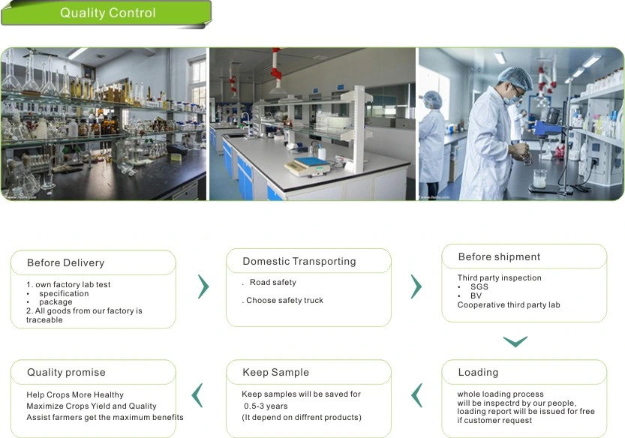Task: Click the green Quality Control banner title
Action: (x=107, y=13)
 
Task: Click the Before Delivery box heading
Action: (x=66, y=262)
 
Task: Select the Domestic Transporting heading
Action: (x=299, y=261)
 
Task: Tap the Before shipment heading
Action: (x=499, y=256)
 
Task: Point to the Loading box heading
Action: (x=478, y=372)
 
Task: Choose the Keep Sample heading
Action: (x=276, y=372)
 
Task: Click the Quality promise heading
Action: (x=66, y=372)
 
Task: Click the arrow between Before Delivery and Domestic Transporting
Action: (x=203, y=286)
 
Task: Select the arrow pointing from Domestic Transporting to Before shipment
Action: (x=416, y=286)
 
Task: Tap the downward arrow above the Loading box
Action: (x=515, y=342)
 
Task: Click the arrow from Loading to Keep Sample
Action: (x=416, y=395)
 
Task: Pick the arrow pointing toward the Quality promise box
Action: (x=197, y=395)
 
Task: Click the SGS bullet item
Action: (x=479, y=286)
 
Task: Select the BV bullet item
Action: (x=476, y=295)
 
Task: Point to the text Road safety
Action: (x=273, y=282)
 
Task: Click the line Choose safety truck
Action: (x=284, y=300)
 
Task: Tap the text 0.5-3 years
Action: (x=266, y=406)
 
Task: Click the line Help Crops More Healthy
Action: (x=75, y=394)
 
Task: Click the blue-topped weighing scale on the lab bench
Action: (x=308, y=166)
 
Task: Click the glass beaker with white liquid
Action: (x=539, y=178)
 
